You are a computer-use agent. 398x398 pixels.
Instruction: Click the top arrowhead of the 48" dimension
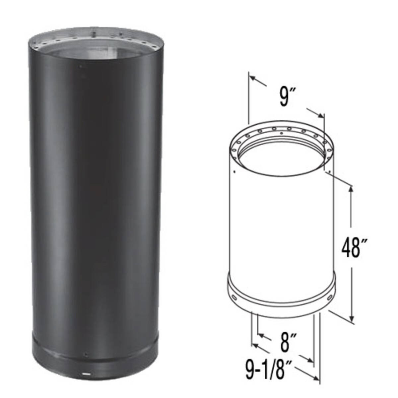(x=351, y=189)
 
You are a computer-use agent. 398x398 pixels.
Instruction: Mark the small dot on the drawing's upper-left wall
(x=234, y=172)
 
